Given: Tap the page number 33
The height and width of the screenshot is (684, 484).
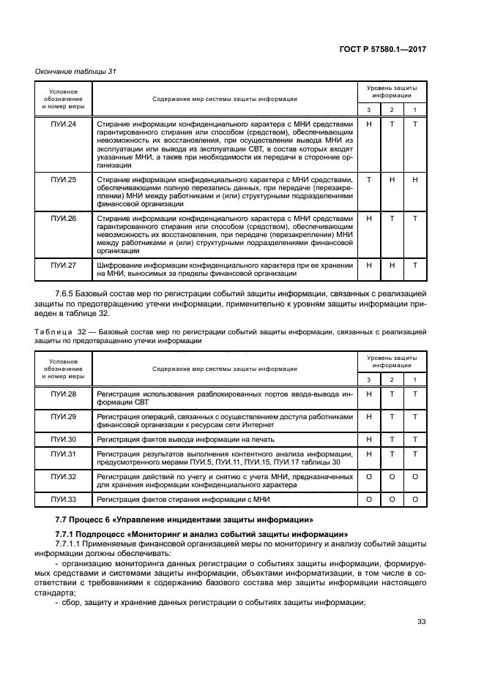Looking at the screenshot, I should click(421, 623).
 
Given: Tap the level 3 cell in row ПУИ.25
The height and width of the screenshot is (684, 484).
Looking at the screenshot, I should click(369, 179).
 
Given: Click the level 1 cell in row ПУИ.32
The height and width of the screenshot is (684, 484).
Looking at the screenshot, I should click(414, 476).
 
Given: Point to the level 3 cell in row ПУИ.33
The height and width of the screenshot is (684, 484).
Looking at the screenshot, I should click(369, 499).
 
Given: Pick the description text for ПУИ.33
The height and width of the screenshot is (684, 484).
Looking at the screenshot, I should click(183, 499).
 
